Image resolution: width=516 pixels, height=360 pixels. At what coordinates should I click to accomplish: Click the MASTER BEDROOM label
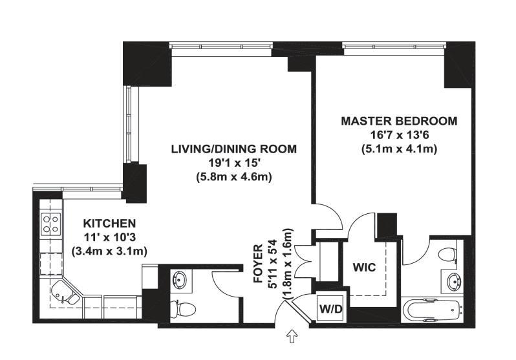coord(399,121)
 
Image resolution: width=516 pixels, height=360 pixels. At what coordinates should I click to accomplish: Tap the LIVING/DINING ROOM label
coord(234,149)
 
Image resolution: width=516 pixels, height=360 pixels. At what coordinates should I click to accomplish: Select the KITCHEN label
coord(109,224)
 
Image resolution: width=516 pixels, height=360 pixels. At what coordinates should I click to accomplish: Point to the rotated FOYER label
coord(259,264)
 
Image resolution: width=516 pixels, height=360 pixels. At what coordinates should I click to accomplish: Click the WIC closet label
coord(364,267)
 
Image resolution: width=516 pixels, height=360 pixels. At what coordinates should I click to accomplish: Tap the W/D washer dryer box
coord(331,309)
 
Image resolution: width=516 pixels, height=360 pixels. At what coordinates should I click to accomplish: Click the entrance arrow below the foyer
coord(292,337)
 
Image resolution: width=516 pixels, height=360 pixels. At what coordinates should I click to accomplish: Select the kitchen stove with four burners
coord(50,224)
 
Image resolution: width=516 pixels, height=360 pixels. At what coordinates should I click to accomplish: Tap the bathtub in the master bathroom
coord(432,311)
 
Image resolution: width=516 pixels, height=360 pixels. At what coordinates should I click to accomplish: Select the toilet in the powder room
coord(183,309)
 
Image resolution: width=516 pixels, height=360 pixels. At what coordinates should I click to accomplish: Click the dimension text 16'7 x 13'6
coord(399,135)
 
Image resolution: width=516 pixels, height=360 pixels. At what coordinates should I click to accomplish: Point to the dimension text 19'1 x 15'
coord(234,164)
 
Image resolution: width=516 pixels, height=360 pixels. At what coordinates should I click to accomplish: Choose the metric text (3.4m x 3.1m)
coord(109,251)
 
